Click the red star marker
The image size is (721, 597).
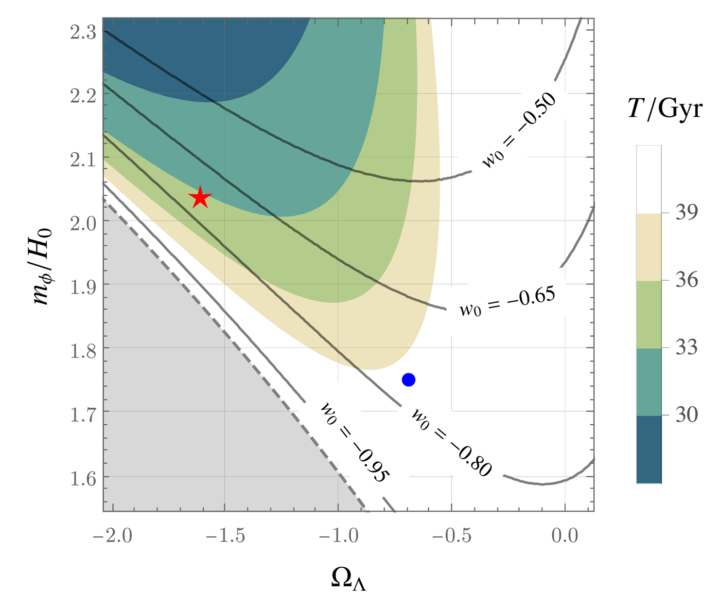pos(200,198)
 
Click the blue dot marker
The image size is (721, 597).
pos(408,380)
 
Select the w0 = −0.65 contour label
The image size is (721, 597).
pos(507,302)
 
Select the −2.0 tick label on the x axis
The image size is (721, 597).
pos(112,536)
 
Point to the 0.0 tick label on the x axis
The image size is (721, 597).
pos(565,536)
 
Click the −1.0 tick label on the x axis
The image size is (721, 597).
pos(339,536)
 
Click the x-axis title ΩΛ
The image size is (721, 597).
pos(348,579)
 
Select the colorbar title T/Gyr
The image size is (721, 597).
pos(665,109)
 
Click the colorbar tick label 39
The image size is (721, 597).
pos(686,213)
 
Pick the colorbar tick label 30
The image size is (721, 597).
pos(686,415)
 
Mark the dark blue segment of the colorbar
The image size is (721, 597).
pos(649,449)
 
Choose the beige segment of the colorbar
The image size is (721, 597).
pos(649,247)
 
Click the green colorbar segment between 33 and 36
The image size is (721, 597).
pos(649,314)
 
